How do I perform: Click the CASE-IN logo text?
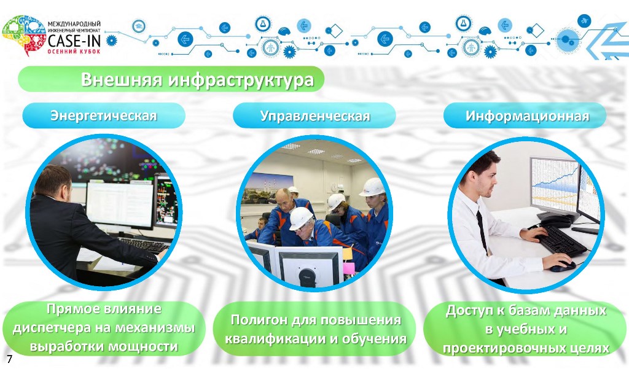(74, 40)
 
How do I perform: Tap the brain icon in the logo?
(24, 35)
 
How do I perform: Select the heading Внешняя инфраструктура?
(197, 79)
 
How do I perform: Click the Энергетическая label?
(103, 115)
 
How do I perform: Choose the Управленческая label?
(315, 115)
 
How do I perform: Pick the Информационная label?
(528, 115)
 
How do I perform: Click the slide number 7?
(10, 359)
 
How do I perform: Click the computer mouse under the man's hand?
(562, 266)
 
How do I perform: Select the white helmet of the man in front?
(301, 218)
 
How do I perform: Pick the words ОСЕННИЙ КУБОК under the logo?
(74, 52)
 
